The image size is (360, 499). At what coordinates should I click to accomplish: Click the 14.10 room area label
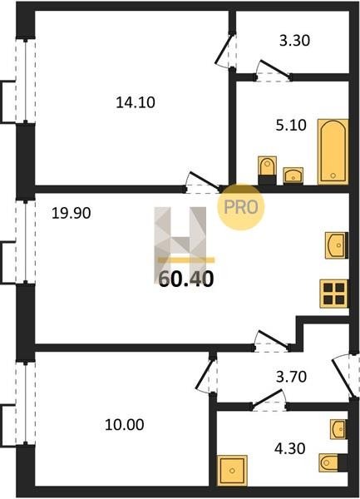tap(136, 102)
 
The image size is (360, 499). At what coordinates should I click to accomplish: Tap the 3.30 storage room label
tap(294, 41)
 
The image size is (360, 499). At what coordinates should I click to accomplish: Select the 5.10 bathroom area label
tap(291, 126)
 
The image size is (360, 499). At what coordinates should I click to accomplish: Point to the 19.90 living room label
tap(72, 213)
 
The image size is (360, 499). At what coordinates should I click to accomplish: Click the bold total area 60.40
tap(186, 279)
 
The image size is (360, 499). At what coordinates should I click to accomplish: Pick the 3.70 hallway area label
tap(291, 377)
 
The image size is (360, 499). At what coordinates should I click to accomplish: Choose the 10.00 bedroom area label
tap(125, 425)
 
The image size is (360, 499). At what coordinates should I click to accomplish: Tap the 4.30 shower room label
tap(289, 448)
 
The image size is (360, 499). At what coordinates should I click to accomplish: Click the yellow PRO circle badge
tap(241, 207)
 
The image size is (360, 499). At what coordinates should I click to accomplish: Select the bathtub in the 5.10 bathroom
tap(333, 152)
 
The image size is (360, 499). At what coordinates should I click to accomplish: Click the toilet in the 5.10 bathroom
tap(267, 170)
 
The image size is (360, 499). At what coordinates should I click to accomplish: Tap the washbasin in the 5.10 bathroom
tap(293, 175)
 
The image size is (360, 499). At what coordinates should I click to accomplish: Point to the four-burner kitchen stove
tap(334, 294)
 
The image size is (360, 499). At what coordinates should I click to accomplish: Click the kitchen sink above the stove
tap(337, 245)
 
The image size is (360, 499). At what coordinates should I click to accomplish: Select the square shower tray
tap(232, 470)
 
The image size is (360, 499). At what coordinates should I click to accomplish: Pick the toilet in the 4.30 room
tap(333, 462)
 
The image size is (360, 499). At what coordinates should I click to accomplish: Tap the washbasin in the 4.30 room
tap(338, 429)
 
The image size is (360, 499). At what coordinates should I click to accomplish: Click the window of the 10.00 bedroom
tap(26, 404)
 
